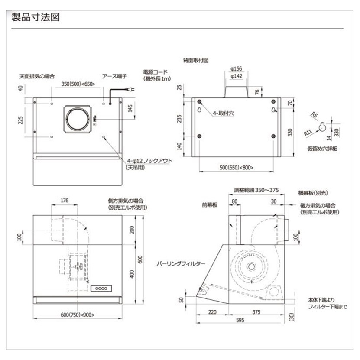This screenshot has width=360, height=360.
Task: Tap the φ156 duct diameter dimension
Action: [x=236, y=68]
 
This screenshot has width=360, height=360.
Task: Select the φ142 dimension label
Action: [x=236, y=76]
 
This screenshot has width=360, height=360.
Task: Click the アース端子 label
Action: [x=114, y=76]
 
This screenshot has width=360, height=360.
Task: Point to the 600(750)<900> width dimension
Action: [x=78, y=315]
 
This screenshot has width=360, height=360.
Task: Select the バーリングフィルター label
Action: [x=181, y=263]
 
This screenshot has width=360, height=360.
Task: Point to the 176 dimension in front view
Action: [x=65, y=200]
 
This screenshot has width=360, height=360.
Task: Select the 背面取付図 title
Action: [x=195, y=61]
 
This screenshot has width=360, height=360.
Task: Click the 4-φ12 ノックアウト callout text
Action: [x=143, y=161]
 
